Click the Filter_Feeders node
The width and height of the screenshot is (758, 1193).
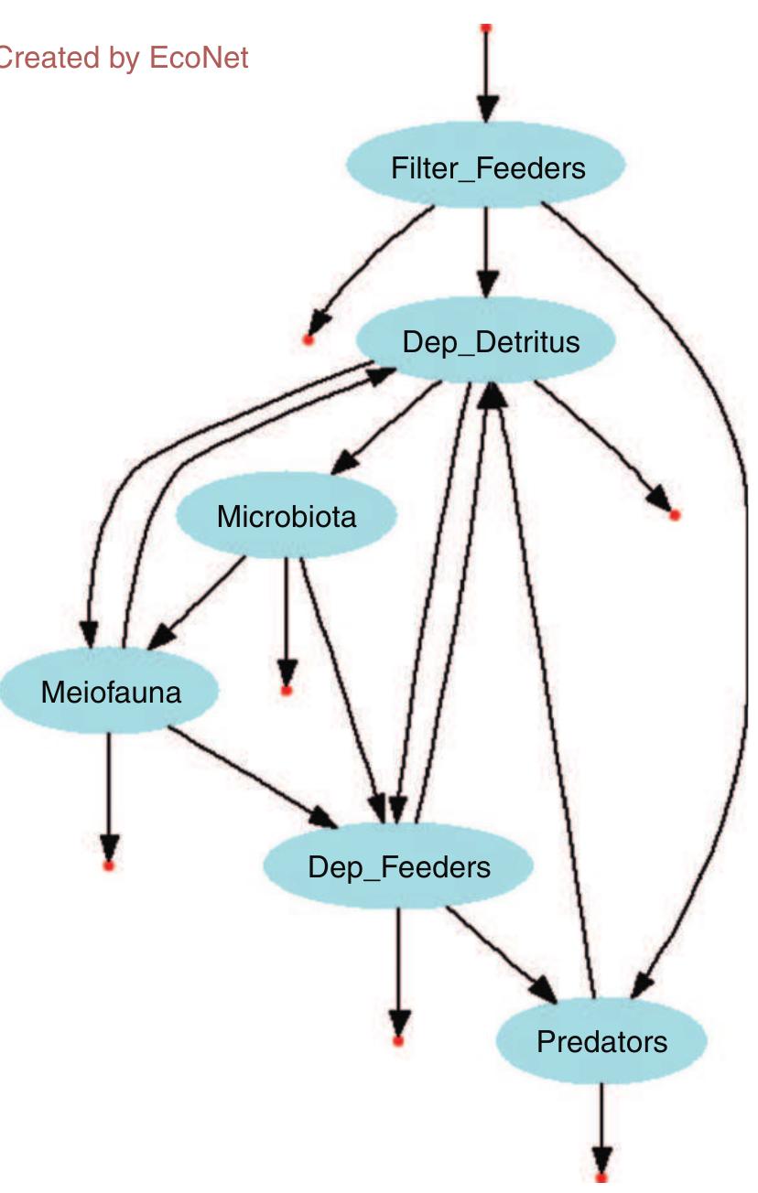pos(486,168)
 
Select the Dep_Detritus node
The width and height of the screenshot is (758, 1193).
pos(491,342)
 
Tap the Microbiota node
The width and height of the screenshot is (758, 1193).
pos(286,517)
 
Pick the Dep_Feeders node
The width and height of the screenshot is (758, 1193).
pos(398,866)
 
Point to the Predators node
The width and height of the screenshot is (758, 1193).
pos(601,1041)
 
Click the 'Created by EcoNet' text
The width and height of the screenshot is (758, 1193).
pos(123,59)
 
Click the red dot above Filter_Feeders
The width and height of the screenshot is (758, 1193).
pos(486,27)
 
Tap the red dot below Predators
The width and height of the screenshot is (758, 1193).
pos(601,1178)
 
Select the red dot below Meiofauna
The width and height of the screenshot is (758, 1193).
pos(109,865)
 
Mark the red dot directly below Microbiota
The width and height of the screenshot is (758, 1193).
pos(287,690)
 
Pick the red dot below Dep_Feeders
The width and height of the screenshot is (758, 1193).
pos(397,1040)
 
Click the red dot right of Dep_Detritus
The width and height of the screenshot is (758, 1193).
pos(675,515)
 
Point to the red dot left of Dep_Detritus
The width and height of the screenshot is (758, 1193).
pos(309,340)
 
